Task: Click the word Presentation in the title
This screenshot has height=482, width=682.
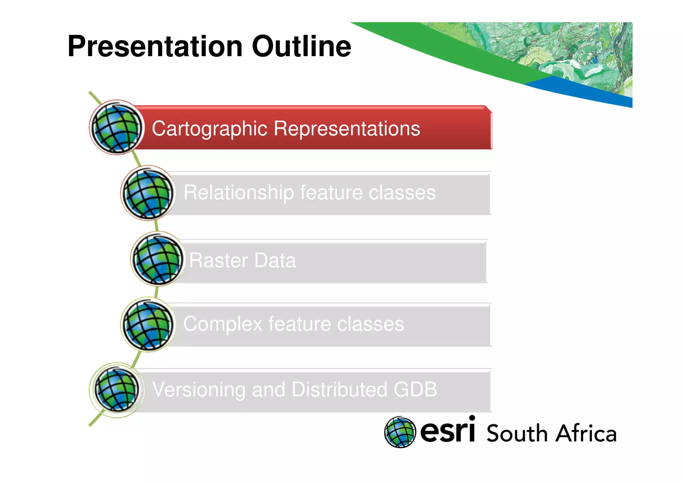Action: pos(155,47)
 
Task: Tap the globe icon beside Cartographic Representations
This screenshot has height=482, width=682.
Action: pos(117,128)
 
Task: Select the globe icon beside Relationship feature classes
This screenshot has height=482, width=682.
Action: pos(148,193)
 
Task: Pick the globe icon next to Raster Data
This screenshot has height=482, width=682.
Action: pos(158,259)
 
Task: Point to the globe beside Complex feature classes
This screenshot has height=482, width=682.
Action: pos(148,324)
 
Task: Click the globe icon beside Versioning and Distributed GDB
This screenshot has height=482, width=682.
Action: pos(117,389)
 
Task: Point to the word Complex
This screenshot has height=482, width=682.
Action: pos(223,324)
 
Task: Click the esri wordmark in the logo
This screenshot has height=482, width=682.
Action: pos(447,431)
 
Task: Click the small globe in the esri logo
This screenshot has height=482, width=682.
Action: pos(400,432)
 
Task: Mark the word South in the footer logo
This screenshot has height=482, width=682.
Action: pos(517,434)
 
